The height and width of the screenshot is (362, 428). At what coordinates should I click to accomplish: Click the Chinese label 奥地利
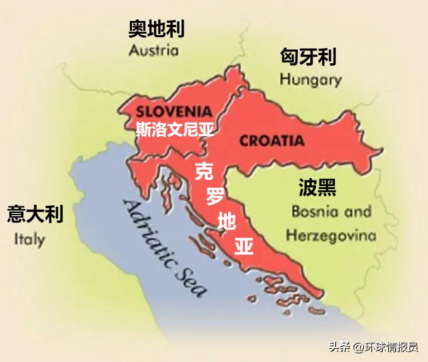click(x=156, y=30)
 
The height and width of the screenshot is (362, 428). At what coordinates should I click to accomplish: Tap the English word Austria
click(x=153, y=50)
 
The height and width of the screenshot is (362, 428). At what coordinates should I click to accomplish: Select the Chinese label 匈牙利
click(x=308, y=57)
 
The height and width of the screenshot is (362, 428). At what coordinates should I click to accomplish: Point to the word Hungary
click(x=310, y=80)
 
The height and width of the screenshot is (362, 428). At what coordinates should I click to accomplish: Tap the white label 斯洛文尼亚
click(x=175, y=130)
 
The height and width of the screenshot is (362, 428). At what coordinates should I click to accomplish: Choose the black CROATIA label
click(x=272, y=141)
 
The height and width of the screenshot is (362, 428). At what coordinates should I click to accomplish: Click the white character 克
click(x=204, y=171)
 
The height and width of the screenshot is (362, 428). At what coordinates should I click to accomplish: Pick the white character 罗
click(x=215, y=196)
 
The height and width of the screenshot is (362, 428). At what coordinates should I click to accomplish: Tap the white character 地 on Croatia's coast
click(x=227, y=222)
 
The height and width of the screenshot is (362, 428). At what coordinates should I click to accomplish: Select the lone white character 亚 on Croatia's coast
click(x=244, y=247)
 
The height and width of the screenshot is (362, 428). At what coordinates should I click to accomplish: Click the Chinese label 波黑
click(x=317, y=188)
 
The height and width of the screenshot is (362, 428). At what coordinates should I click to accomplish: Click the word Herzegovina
click(x=331, y=235)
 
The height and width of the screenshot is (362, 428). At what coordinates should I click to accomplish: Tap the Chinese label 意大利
click(x=35, y=214)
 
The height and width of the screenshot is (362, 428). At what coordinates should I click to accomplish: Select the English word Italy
click(x=29, y=239)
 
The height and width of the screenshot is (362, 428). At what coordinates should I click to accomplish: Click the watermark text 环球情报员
click(x=391, y=347)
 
